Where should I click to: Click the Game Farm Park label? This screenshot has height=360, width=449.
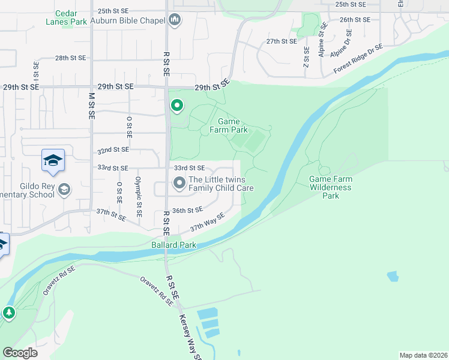point(228,125)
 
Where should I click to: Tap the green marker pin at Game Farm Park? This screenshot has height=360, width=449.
point(176,106)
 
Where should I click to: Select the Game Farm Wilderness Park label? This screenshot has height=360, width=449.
point(330,187)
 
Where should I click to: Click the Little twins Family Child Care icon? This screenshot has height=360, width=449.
point(179,184)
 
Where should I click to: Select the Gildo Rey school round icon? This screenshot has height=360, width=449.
point(64,190)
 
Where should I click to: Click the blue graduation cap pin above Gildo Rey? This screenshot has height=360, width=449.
point(53,161)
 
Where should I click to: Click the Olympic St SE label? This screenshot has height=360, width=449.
point(139,196)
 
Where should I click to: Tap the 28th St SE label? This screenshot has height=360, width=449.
point(71,58)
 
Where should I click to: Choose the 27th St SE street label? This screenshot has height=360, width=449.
point(282,41)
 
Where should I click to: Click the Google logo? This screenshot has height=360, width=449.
point(20,352)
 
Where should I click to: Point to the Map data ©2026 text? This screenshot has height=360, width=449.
point(423,355)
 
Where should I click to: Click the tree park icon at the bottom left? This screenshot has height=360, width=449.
point(8,313)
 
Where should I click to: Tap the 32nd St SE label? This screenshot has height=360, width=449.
point(113,149)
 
